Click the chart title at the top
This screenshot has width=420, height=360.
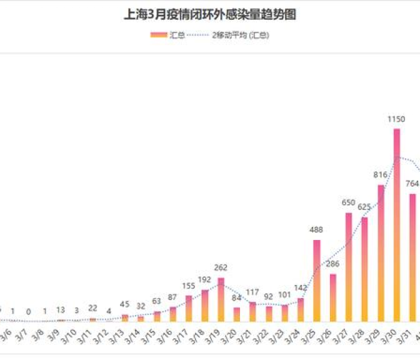click(x=209, y=14)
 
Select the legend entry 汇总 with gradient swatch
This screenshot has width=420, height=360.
click(x=168, y=35)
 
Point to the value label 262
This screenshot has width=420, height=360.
click(x=220, y=268)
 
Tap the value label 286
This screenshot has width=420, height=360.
click(x=332, y=263)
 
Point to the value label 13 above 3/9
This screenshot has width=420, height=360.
click(x=61, y=310)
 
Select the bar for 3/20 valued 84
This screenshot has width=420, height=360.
click(x=236, y=314)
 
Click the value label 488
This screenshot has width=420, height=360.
click(x=316, y=230)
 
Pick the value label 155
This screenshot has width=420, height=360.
click(x=188, y=286)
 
